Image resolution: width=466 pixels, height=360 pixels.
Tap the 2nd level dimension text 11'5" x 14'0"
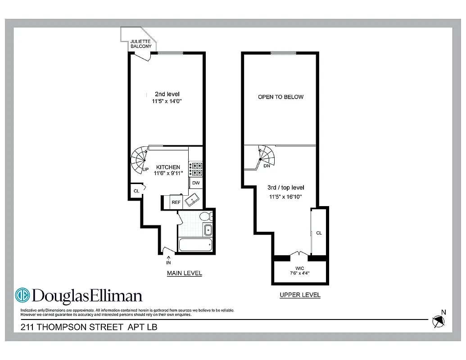(167, 102)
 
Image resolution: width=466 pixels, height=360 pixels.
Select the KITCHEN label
(168, 167)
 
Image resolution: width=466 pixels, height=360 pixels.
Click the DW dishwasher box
(196, 183)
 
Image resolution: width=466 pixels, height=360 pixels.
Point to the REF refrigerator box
(176, 202)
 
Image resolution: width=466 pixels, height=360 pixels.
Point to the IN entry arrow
(169, 258)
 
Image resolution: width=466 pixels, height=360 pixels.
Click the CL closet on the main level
(136, 191)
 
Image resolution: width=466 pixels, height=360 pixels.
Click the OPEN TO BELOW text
(281, 97)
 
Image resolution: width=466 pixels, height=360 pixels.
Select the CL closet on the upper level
(319, 233)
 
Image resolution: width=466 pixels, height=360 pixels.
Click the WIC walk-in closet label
(300, 268)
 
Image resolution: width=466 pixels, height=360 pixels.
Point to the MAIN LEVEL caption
(184, 273)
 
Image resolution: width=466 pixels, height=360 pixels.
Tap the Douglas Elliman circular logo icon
(23, 295)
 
